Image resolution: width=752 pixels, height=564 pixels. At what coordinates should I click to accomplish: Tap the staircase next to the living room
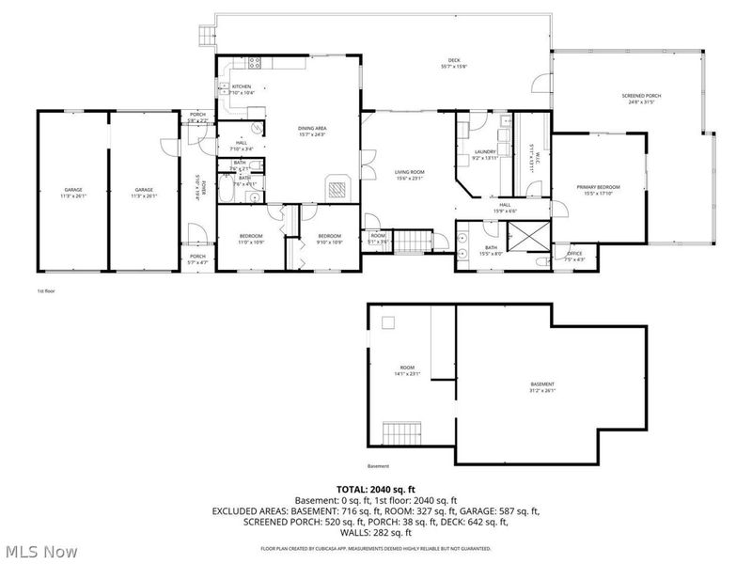410,242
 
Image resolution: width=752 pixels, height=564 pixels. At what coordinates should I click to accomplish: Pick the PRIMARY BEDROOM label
598,187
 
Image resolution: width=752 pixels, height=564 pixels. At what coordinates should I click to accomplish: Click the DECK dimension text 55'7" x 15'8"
453,66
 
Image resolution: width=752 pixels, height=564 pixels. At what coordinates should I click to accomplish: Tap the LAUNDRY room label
485,151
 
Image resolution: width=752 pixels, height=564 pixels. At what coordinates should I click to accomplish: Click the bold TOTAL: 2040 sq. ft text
375,489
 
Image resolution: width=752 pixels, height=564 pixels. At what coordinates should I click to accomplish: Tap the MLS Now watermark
40,552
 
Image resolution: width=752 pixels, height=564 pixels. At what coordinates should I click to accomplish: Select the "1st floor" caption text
45,291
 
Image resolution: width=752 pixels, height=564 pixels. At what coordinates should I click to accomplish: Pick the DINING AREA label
311,129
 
